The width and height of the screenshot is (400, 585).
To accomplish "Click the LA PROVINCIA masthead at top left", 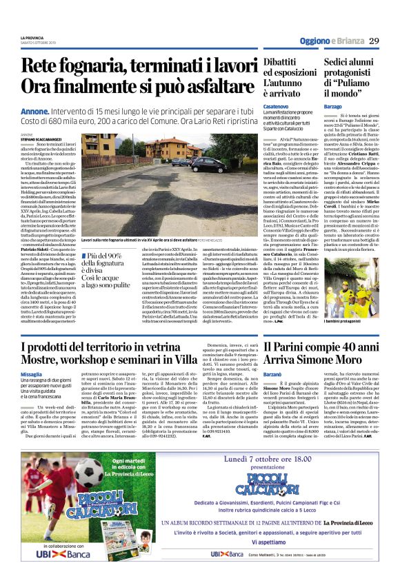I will pyautogui.click(x=32, y=37).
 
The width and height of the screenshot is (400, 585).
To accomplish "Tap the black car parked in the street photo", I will pyautogui.click(x=207, y=165).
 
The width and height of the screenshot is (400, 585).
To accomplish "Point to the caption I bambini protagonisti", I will pyautogui.click(x=344, y=322).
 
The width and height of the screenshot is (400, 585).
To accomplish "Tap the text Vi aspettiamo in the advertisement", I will pyautogui.click(x=272, y=552).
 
